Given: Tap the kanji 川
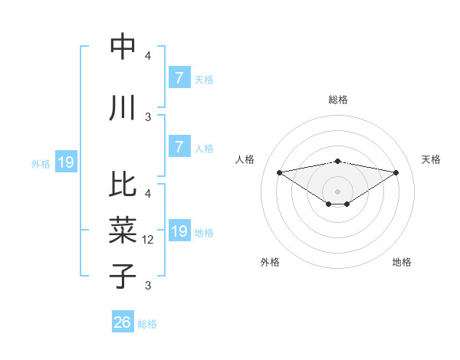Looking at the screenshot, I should tap(123, 108).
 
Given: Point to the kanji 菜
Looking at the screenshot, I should tap(123, 228).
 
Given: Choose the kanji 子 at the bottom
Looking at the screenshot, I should tap(123, 274).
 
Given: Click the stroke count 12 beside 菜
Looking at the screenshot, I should tap(148, 240).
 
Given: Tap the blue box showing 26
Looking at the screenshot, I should tap(123, 322).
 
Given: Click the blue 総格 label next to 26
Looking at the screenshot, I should tap(147, 324).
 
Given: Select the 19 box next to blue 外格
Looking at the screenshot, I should tap(65, 162).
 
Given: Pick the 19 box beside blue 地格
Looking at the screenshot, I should tap(179, 231).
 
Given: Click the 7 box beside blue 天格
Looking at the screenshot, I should tap(179, 77).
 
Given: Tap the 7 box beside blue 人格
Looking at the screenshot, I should tap(179, 147).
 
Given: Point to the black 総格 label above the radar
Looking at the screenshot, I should tap(338, 100).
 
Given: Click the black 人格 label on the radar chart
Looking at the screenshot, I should tap(245, 159).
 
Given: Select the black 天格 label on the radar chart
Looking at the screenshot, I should tap(431, 159).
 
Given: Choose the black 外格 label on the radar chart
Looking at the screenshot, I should tap(270, 262).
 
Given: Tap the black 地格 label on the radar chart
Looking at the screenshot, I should tap(402, 262).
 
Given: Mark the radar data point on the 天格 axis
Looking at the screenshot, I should tap(396, 172).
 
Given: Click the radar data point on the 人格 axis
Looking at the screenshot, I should tap(280, 172).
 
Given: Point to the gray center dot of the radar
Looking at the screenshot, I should tap(338, 191).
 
